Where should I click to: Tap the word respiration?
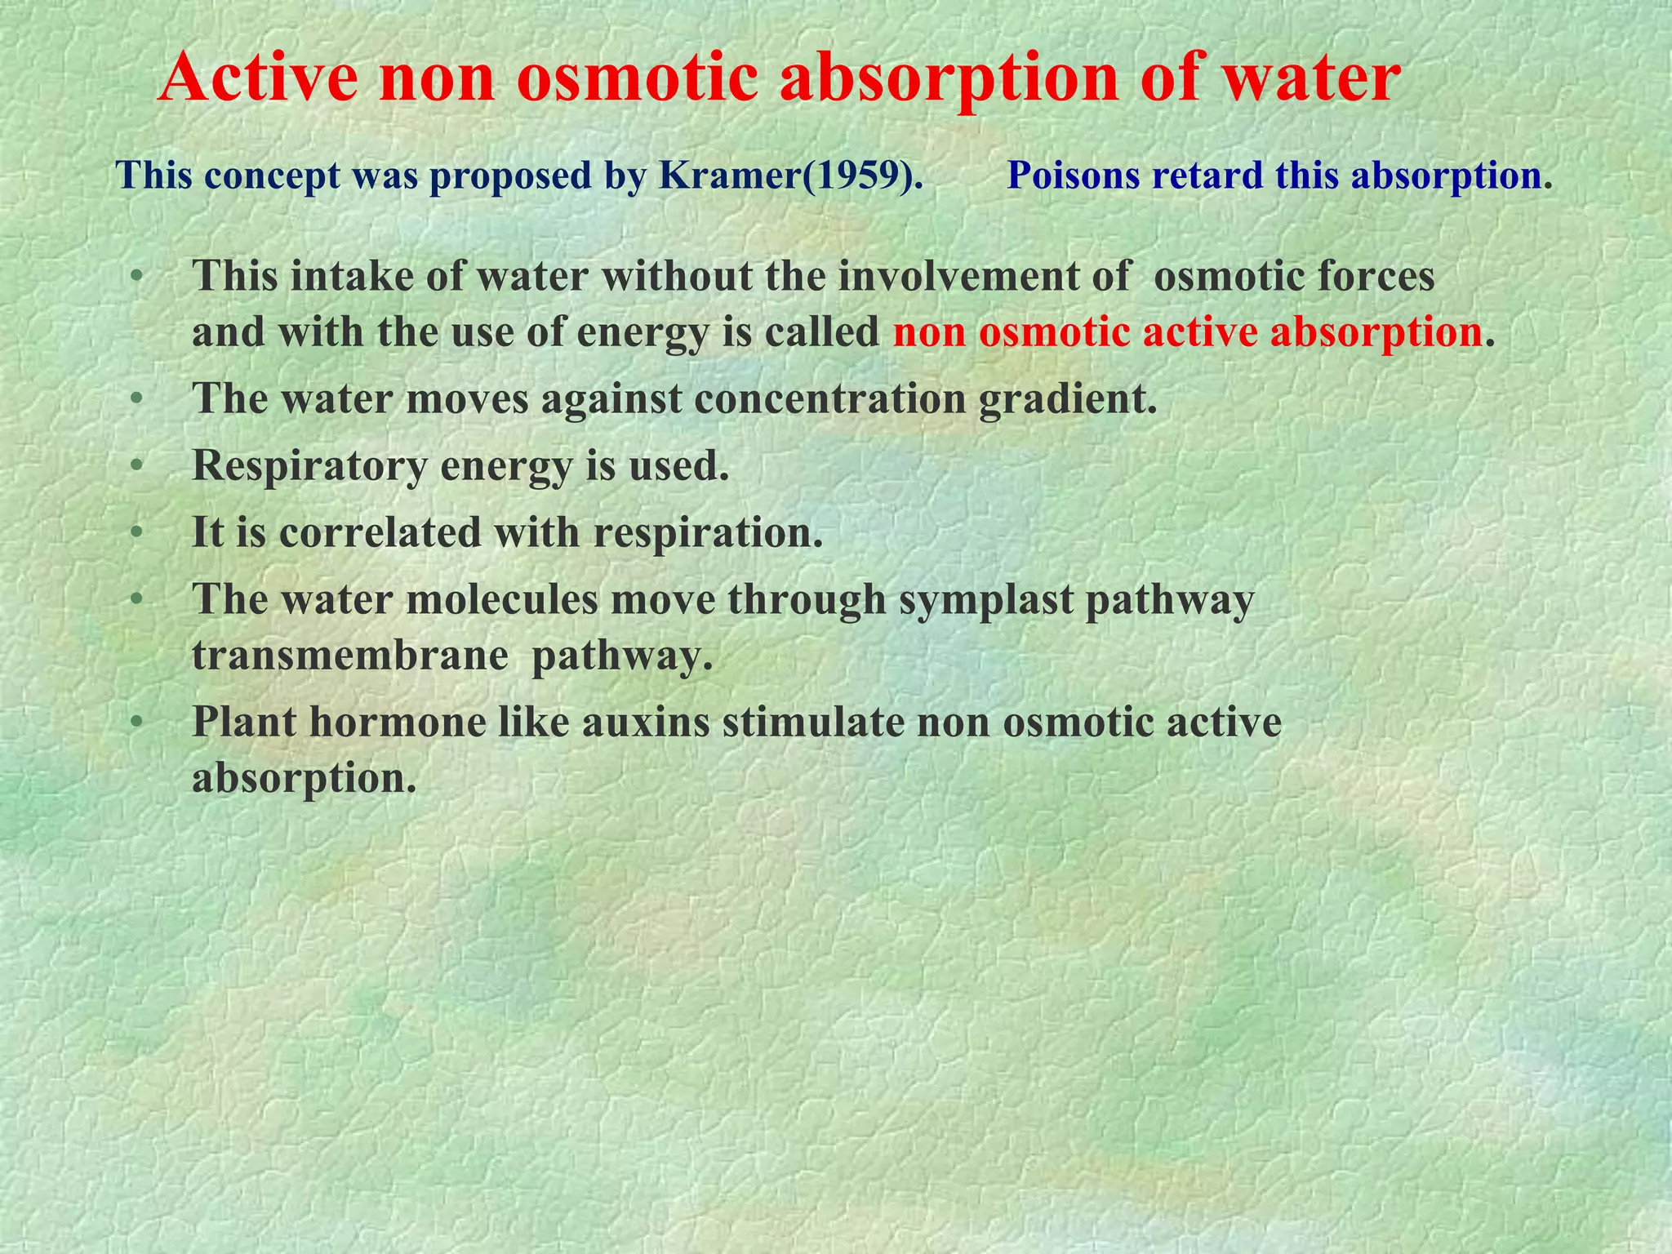tap(708, 533)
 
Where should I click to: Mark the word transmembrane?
tap(350, 656)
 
